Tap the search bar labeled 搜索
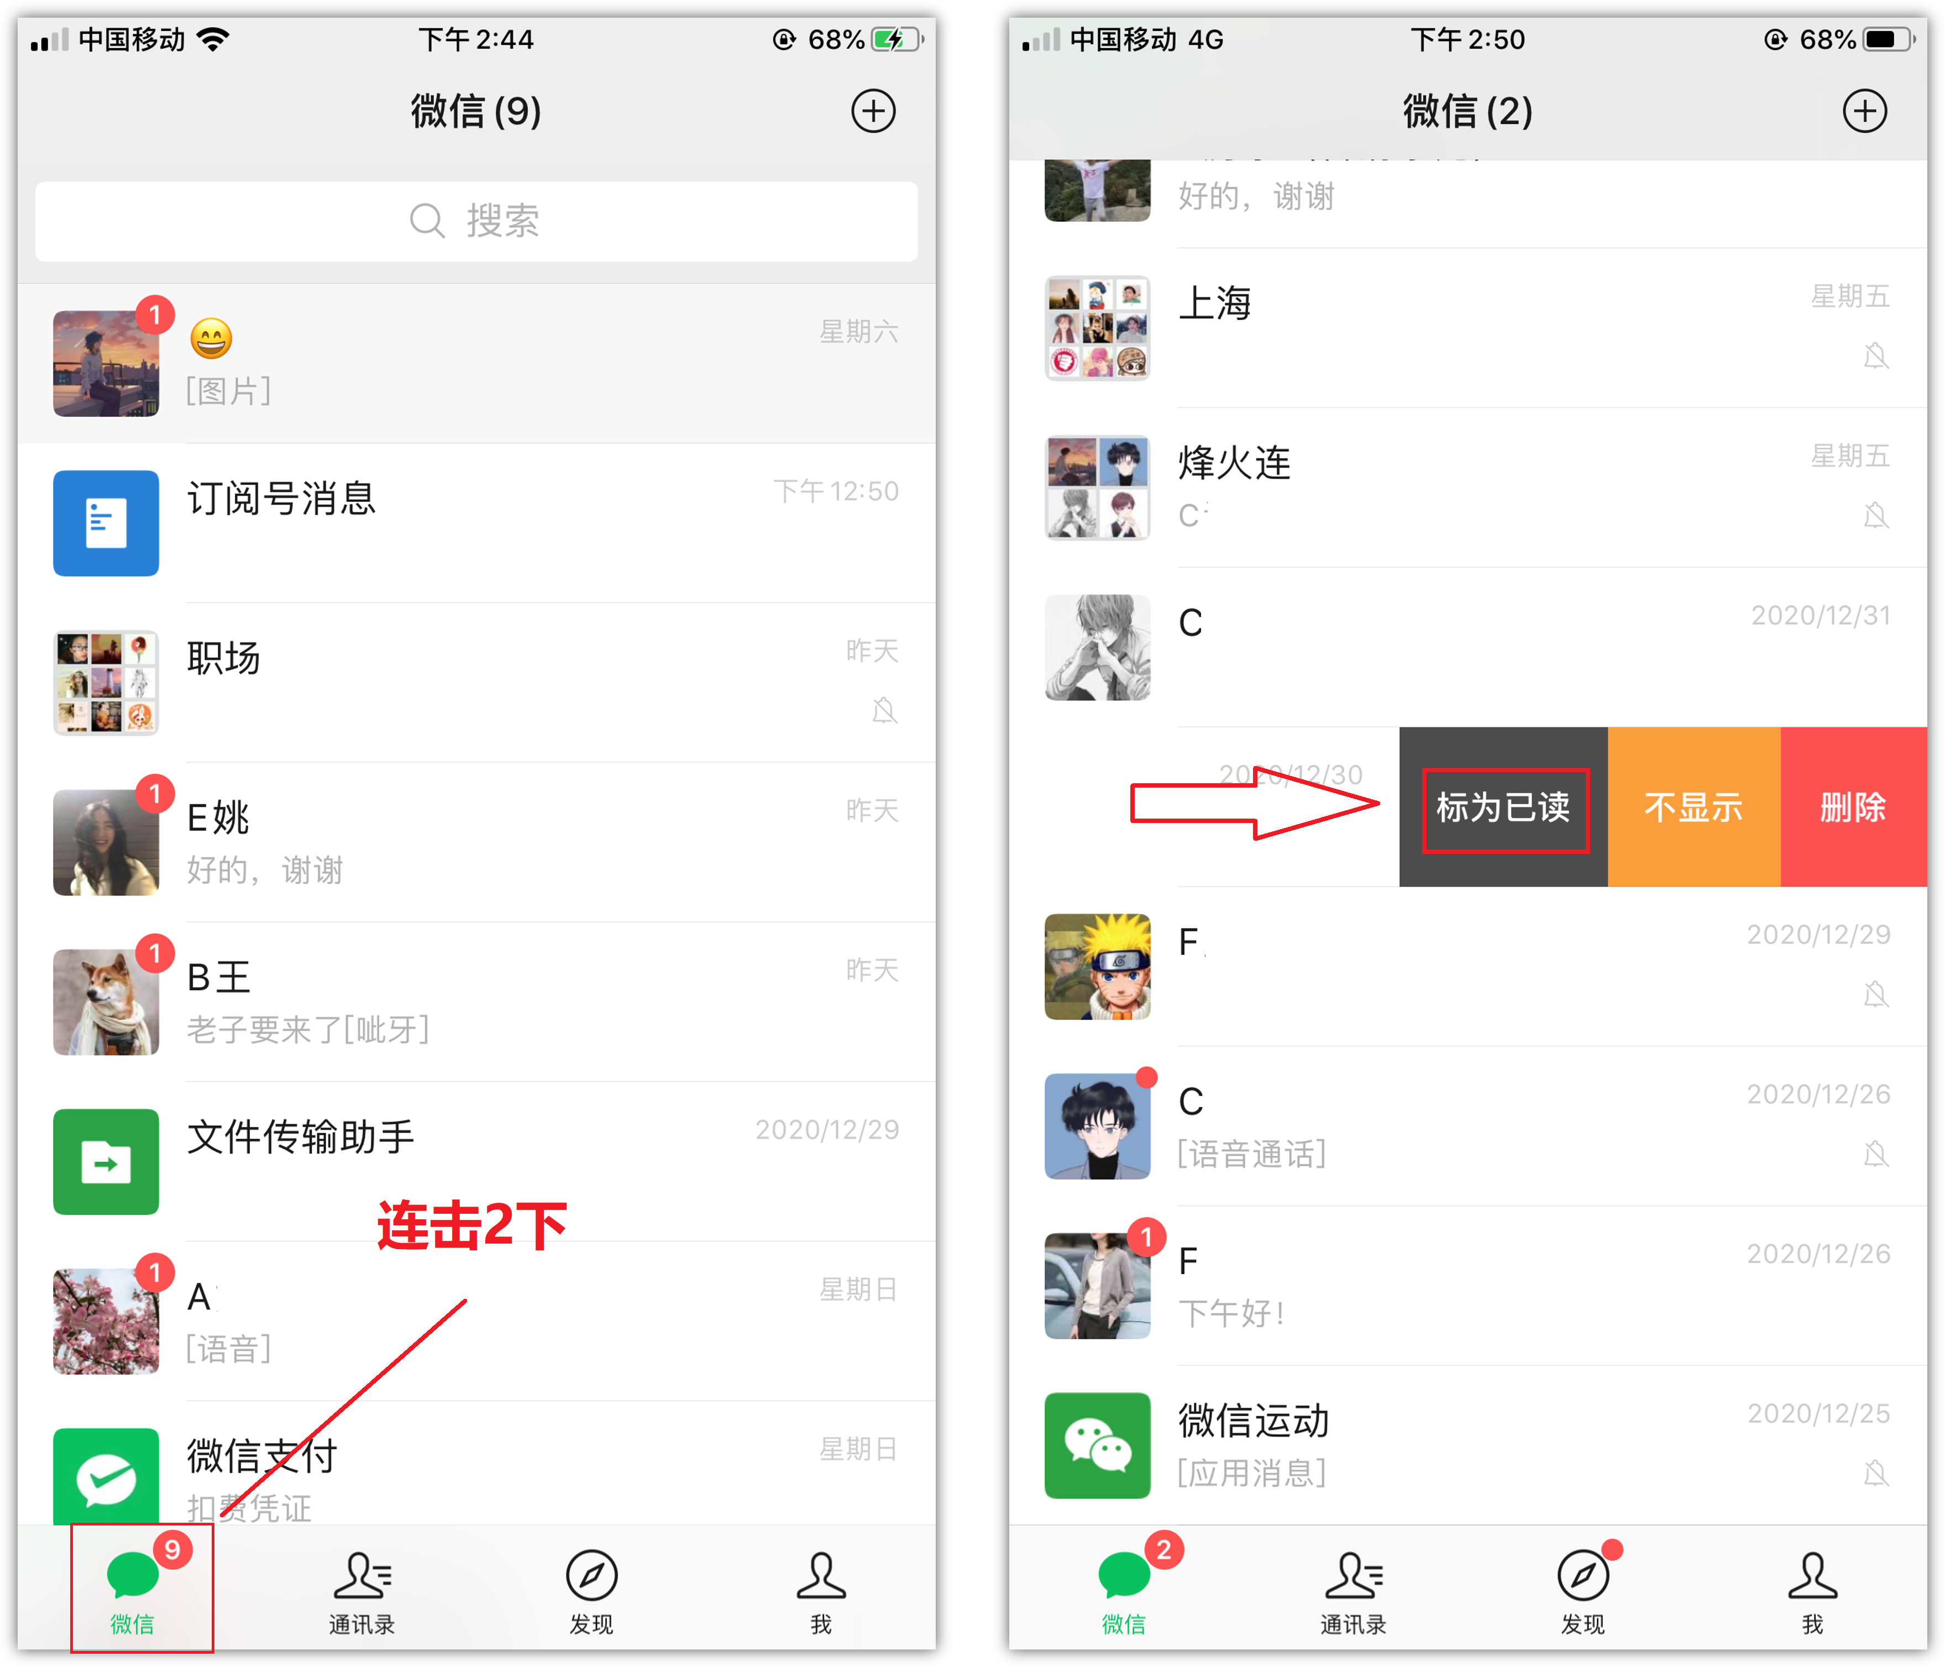pyautogui.click(x=476, y=222)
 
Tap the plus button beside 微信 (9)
pyautogui.click(x=873, y=112)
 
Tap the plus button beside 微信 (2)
pyautogui.click(x=1864, y=112)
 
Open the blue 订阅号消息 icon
pyautogui.click(x=106, y=523)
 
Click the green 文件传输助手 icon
pyautogui.click(x=106, y=1161)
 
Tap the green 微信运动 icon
pyautogui.click(x=1097, y=1445)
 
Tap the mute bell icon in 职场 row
pyautogui.click(x=884, y=711)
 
